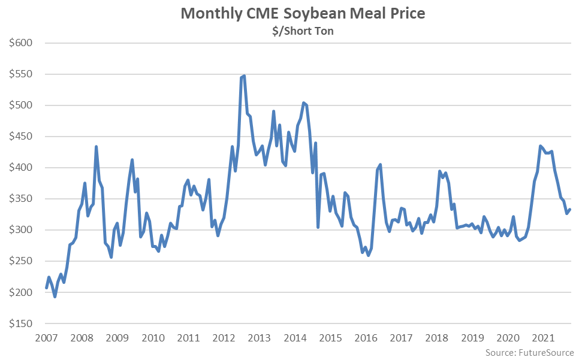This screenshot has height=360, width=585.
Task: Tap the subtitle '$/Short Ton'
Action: (303, 31)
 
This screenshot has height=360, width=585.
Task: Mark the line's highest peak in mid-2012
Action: (245, 75)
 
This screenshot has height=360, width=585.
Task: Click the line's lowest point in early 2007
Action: (55, 297)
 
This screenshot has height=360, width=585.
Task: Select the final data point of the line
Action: (570, 209)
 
